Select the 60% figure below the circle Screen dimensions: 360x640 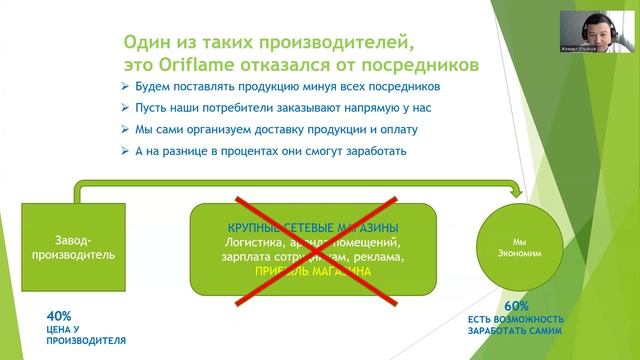click(x=516, y=305)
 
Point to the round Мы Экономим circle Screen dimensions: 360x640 click(x=518, y=247)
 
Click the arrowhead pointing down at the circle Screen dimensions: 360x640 click(x=518, y=193)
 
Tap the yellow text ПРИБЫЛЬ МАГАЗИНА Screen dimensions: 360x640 click(x=314, y=271)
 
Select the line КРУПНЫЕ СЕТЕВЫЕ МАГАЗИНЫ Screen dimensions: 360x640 click(x=313, y=225)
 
